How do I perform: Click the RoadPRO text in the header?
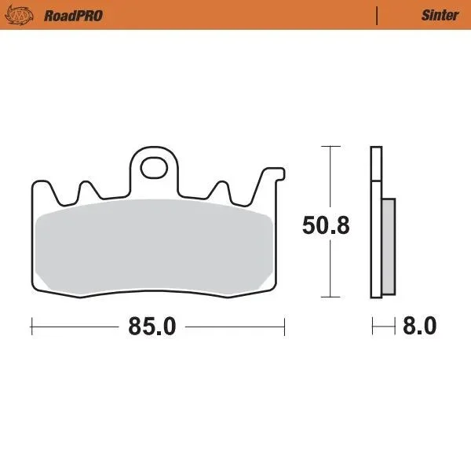tap(73, 16)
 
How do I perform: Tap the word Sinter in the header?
tap(440, 16)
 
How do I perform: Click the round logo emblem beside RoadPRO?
tap(19, 16)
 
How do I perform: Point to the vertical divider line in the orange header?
tap(377, 16)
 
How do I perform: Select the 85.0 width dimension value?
tap(152, 327)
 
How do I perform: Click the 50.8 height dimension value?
tap(326, 225)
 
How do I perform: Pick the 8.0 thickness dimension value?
tap(420, 326)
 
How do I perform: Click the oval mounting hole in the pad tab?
tap(154, 168)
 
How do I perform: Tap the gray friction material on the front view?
tap(154, 246)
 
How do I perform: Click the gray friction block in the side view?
tap(389, 246)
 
